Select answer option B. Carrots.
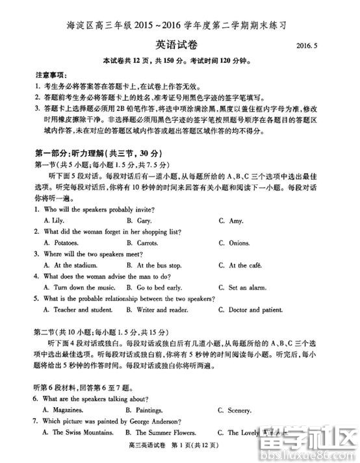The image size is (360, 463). coord(145,243)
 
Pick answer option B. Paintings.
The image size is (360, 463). coord(144,410)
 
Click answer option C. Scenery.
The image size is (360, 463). coord(234,410)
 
